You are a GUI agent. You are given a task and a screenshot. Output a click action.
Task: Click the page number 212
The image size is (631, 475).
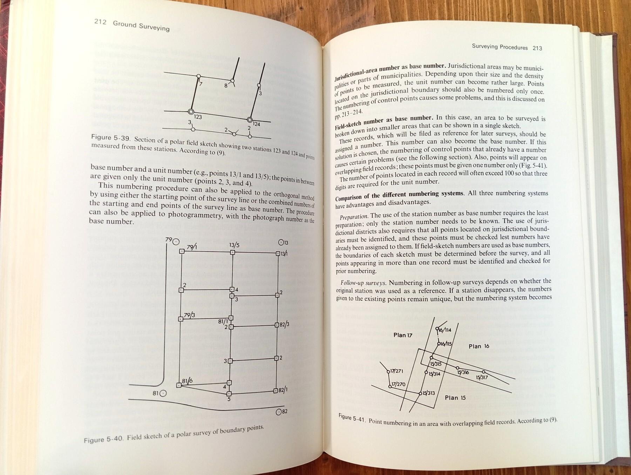100,22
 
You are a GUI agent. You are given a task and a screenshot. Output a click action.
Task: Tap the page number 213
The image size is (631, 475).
537,48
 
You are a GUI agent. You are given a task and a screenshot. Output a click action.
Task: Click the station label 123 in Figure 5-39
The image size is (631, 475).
198,117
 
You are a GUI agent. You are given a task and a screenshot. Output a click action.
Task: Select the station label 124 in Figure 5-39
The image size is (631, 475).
256,124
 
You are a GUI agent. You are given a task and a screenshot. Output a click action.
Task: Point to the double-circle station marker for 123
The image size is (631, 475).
191,112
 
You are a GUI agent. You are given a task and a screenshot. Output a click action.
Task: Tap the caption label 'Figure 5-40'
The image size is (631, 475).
103,440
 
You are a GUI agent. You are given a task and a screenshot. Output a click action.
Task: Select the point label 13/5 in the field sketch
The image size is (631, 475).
234,245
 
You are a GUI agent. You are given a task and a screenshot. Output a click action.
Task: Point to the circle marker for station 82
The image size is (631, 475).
279,412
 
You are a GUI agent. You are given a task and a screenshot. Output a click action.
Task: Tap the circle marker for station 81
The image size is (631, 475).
163,393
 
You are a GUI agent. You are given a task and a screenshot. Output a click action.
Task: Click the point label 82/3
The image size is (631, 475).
284,324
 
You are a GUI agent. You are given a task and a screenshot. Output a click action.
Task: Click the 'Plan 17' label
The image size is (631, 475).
403,335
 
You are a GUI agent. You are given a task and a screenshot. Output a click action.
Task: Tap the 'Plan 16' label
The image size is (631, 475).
479,346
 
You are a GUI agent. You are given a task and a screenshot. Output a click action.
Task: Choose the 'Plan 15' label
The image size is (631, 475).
455,398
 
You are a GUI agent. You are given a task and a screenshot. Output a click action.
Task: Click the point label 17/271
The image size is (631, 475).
397,371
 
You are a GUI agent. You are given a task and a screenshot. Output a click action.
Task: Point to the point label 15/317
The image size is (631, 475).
482,378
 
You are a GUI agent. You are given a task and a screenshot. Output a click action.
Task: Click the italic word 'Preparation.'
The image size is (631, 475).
354,217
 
